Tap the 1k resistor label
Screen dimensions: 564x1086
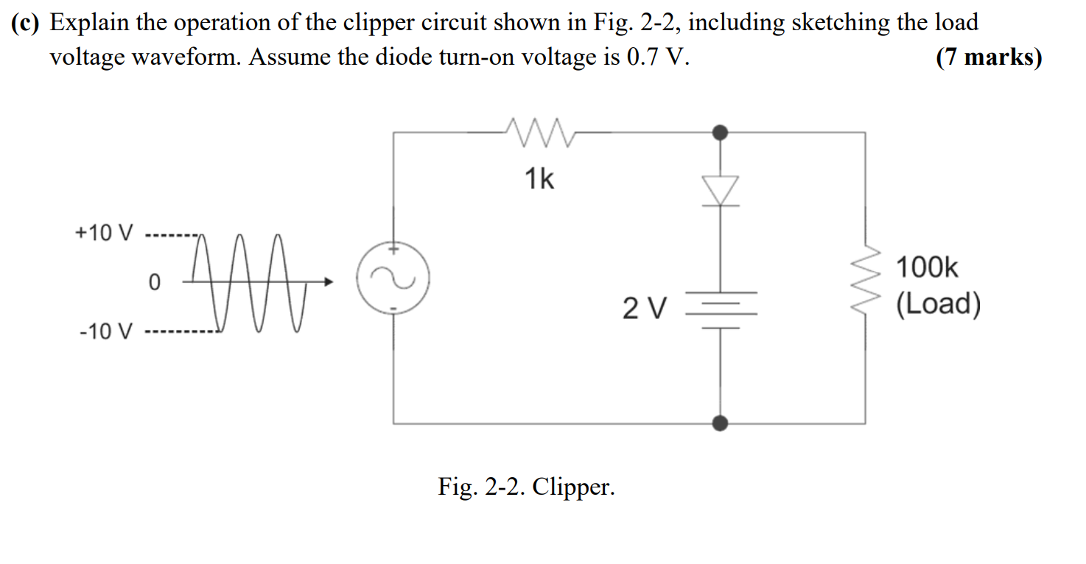pos(539,179)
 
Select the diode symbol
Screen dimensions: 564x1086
pos(721,191)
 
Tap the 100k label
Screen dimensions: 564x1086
pos(928,268)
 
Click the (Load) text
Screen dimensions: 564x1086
pos(938,304)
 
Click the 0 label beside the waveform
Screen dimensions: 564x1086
pos(154,282)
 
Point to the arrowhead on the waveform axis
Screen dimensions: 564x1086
pos(329,282)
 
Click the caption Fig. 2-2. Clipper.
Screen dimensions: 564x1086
pos(526,487)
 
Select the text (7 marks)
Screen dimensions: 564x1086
pos(989,57)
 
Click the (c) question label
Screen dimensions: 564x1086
pos(25,24)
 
